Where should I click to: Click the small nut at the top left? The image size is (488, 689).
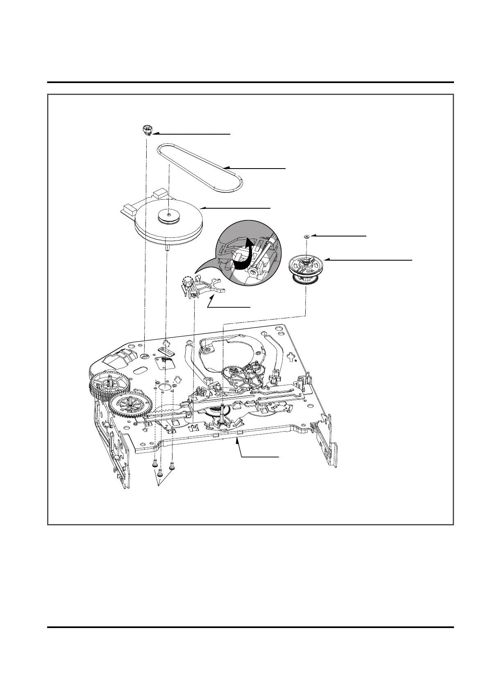pyautogui.click(x=146, y=131)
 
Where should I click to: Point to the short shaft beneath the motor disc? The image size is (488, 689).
pyautogui.click(x=168, y=247)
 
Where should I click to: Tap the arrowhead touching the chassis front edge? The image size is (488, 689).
pyautogui.click(x=237, y=439)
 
